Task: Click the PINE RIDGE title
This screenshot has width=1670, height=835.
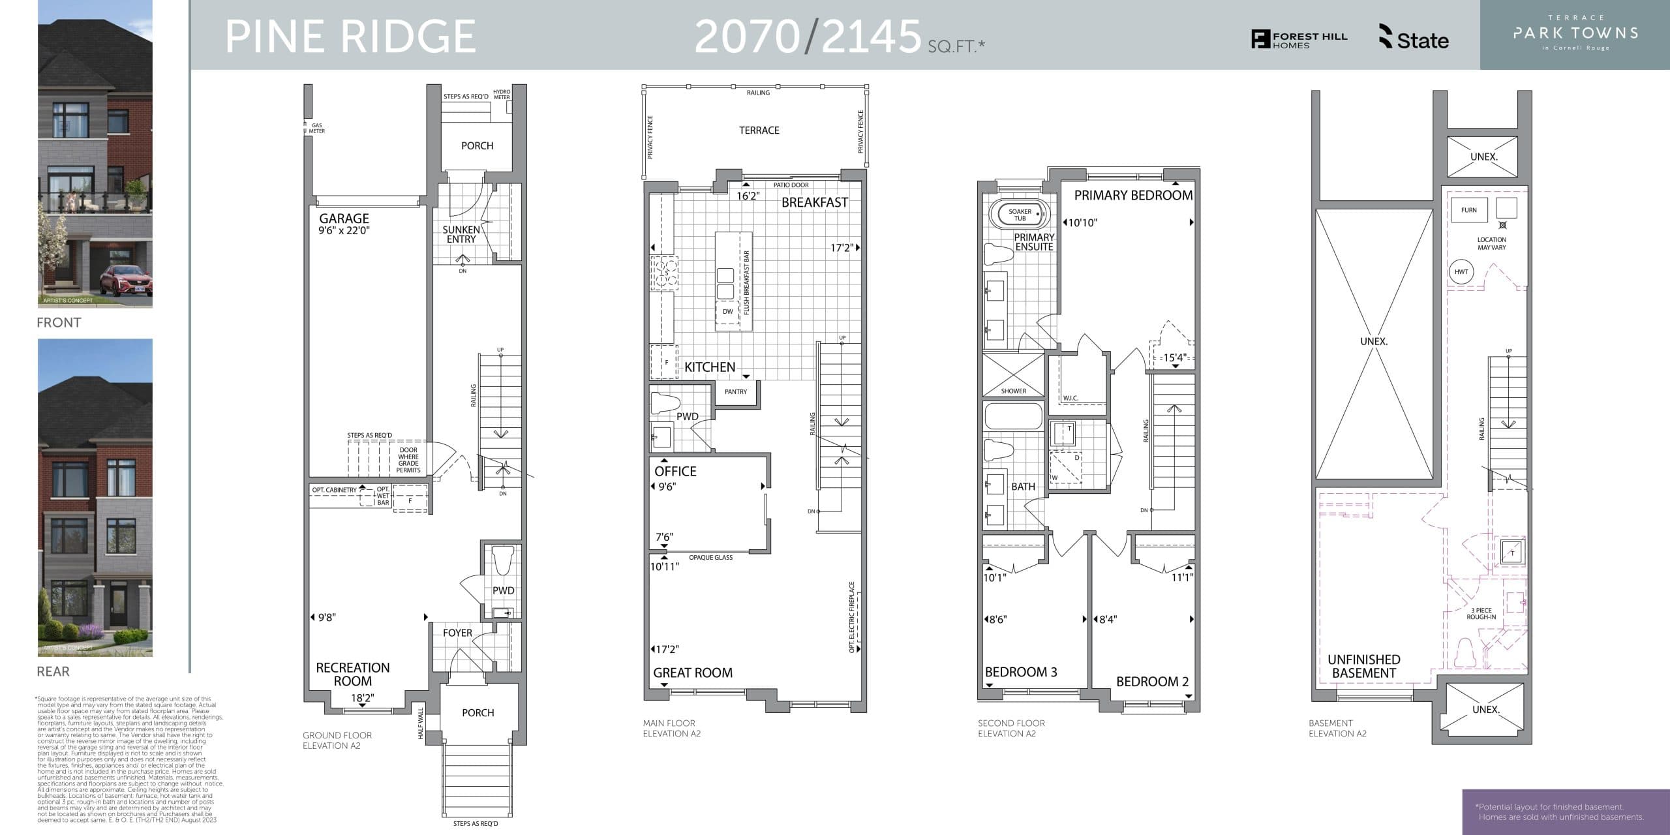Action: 350,37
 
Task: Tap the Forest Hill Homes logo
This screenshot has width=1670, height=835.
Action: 1299,40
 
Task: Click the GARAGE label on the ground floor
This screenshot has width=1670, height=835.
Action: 344,219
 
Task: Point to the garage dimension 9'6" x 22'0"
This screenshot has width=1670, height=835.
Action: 344,230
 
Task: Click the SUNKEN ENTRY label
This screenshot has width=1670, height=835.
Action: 461,234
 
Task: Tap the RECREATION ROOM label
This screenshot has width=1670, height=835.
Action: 353,674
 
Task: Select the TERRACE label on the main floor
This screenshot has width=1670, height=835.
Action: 759,130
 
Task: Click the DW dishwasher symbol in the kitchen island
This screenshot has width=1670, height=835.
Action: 727,312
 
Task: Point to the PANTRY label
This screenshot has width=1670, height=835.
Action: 735,392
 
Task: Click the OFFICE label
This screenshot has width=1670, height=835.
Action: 675,471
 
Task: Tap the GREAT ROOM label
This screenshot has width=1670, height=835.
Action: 693,673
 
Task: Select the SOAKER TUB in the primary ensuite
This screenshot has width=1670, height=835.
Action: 1020,215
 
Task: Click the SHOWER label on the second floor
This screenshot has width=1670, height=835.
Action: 1013,391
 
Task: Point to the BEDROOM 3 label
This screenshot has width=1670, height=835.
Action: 1021,672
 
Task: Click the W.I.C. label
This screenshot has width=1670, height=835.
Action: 1070,398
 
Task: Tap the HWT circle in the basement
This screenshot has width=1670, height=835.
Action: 1461,272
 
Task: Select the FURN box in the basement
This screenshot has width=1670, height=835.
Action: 1469,210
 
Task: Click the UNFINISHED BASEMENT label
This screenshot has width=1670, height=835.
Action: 1363,666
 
